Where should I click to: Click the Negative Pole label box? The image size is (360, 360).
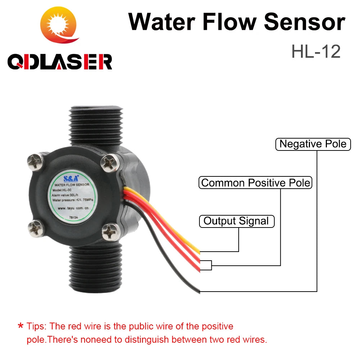(313, 144)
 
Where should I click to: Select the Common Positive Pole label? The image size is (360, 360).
(255, 183)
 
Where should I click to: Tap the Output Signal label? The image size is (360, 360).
(237, 221)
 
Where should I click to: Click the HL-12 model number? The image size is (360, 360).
(316, 52)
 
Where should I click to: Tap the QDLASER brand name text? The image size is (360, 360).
(60, 62)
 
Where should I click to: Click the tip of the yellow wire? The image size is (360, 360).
(198, 251)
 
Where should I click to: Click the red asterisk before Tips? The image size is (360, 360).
(21, 327)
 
